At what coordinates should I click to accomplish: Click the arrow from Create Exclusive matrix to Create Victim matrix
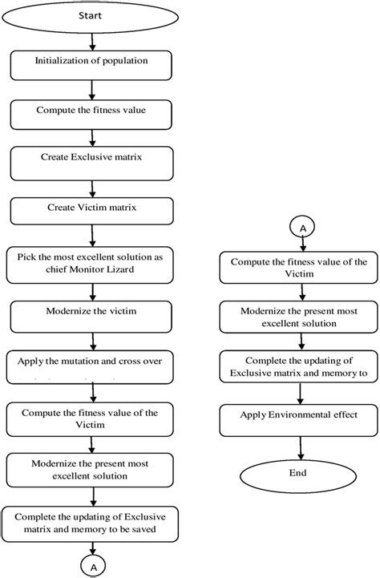pyautogui.click(x=94, y=188)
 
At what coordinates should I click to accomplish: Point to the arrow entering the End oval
pyautogui.click(x=301, y=443)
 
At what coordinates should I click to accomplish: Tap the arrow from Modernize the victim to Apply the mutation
pyautogui.click(x=94, y=335)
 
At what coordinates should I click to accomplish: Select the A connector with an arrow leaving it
pyautogui.click(x=301, y=228)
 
